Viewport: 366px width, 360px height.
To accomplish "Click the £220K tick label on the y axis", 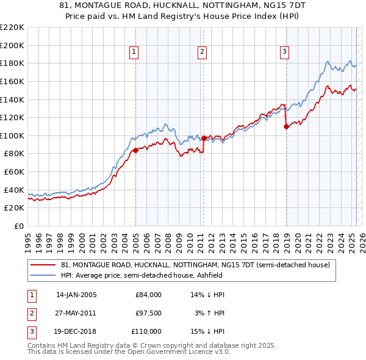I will (12, 27).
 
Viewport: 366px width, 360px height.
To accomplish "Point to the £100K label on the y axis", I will (12, 135).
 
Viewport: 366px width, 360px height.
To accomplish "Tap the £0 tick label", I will (19, 226).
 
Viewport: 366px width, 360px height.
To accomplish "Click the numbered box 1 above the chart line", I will (134, 52).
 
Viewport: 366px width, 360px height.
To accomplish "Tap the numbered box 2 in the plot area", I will (202, 52).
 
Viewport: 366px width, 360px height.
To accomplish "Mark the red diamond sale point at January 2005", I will (135, 150).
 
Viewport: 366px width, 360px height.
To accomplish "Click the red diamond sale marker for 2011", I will (204, 138).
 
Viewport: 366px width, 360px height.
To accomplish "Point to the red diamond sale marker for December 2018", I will (286, 127).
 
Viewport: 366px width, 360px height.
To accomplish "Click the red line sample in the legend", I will (42, 265).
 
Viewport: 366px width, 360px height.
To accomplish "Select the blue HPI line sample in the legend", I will (42, 276).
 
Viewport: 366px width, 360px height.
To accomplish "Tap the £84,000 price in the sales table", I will (149, 295).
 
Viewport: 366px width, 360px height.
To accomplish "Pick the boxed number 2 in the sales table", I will (30, 313).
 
